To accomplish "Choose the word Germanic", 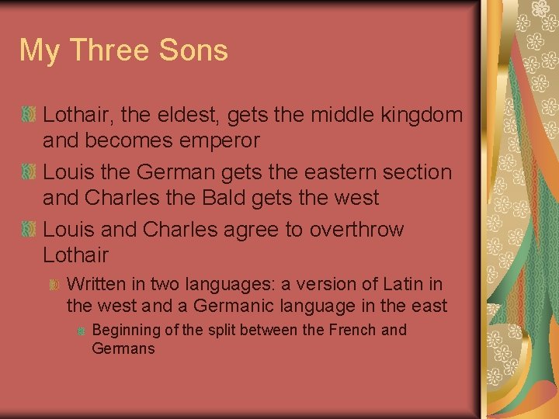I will point(237,306).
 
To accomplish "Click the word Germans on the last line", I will point(123,348).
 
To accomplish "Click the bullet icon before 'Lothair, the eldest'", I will point(28,115).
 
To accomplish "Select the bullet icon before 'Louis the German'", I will point(28,171).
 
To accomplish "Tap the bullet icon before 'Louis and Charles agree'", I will point(28,229).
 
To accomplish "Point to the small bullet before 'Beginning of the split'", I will point(81,331).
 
